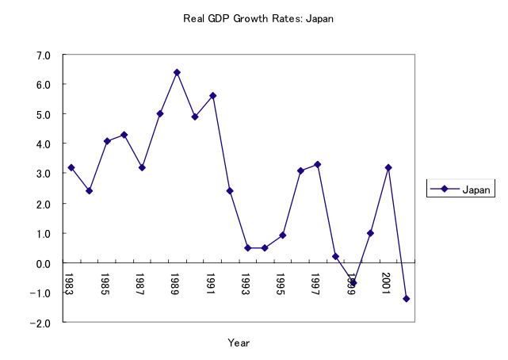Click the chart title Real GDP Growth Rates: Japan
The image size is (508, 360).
pos(254,18)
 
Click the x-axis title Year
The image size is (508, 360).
pos(239,343)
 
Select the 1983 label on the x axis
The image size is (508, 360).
pos(69,283)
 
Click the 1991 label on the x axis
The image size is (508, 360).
pos(210,283)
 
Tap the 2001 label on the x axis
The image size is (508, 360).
pos(386,283)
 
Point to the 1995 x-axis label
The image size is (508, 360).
pos(281,283)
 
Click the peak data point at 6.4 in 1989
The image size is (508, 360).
pos(177,72)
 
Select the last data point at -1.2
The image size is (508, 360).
pos(407,299)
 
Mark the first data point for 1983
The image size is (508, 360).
pos(71,167)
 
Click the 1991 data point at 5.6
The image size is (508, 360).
pos(212,96)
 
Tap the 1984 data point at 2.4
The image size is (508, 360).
pos(89,191)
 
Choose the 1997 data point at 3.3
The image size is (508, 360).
pos(318,164)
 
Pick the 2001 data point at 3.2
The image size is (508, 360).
pos(388,167)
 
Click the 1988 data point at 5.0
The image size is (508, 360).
pos(159,113)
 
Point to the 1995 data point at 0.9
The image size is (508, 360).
pos(283,236)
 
